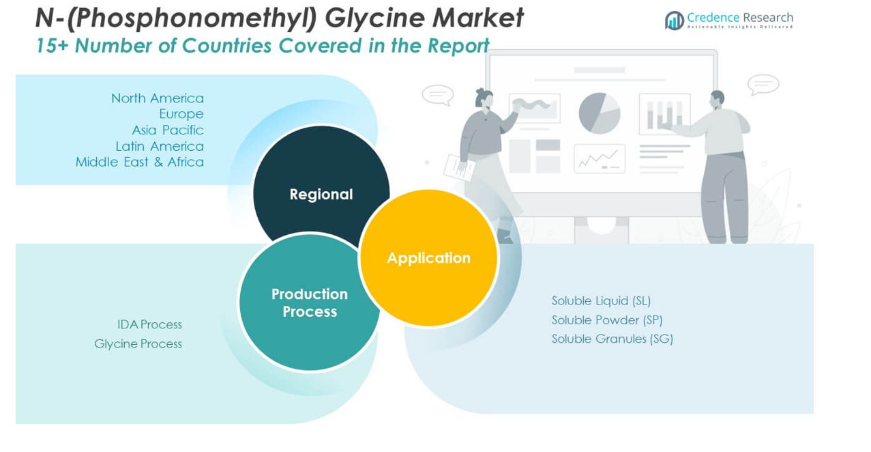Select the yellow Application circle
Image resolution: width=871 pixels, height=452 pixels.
point(428,258)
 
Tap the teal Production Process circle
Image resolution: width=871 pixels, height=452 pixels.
point(310,302)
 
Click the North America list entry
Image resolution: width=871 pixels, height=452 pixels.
point(158,98)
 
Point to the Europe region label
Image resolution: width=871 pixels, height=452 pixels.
point(181,114)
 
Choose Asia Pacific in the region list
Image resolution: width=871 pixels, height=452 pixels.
point(168,130)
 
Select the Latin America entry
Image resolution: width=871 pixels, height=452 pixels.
point(160,146)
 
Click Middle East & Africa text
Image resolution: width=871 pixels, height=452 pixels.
point(140,162)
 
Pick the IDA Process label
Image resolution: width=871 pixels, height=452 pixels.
point(149,324)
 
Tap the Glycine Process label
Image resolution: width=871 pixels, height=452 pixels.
point(138,343)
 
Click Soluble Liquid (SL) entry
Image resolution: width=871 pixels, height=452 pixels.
point(601,300)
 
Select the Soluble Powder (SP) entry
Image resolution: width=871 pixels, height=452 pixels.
point(607,320)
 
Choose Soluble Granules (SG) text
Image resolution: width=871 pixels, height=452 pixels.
point(612,339)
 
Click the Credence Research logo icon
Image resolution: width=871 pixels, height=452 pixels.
point(675,20)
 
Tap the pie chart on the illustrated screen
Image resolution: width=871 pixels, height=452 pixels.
point(600,113)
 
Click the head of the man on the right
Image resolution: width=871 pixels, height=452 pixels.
point(717,100)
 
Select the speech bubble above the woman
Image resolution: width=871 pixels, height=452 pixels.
point(437,94)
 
